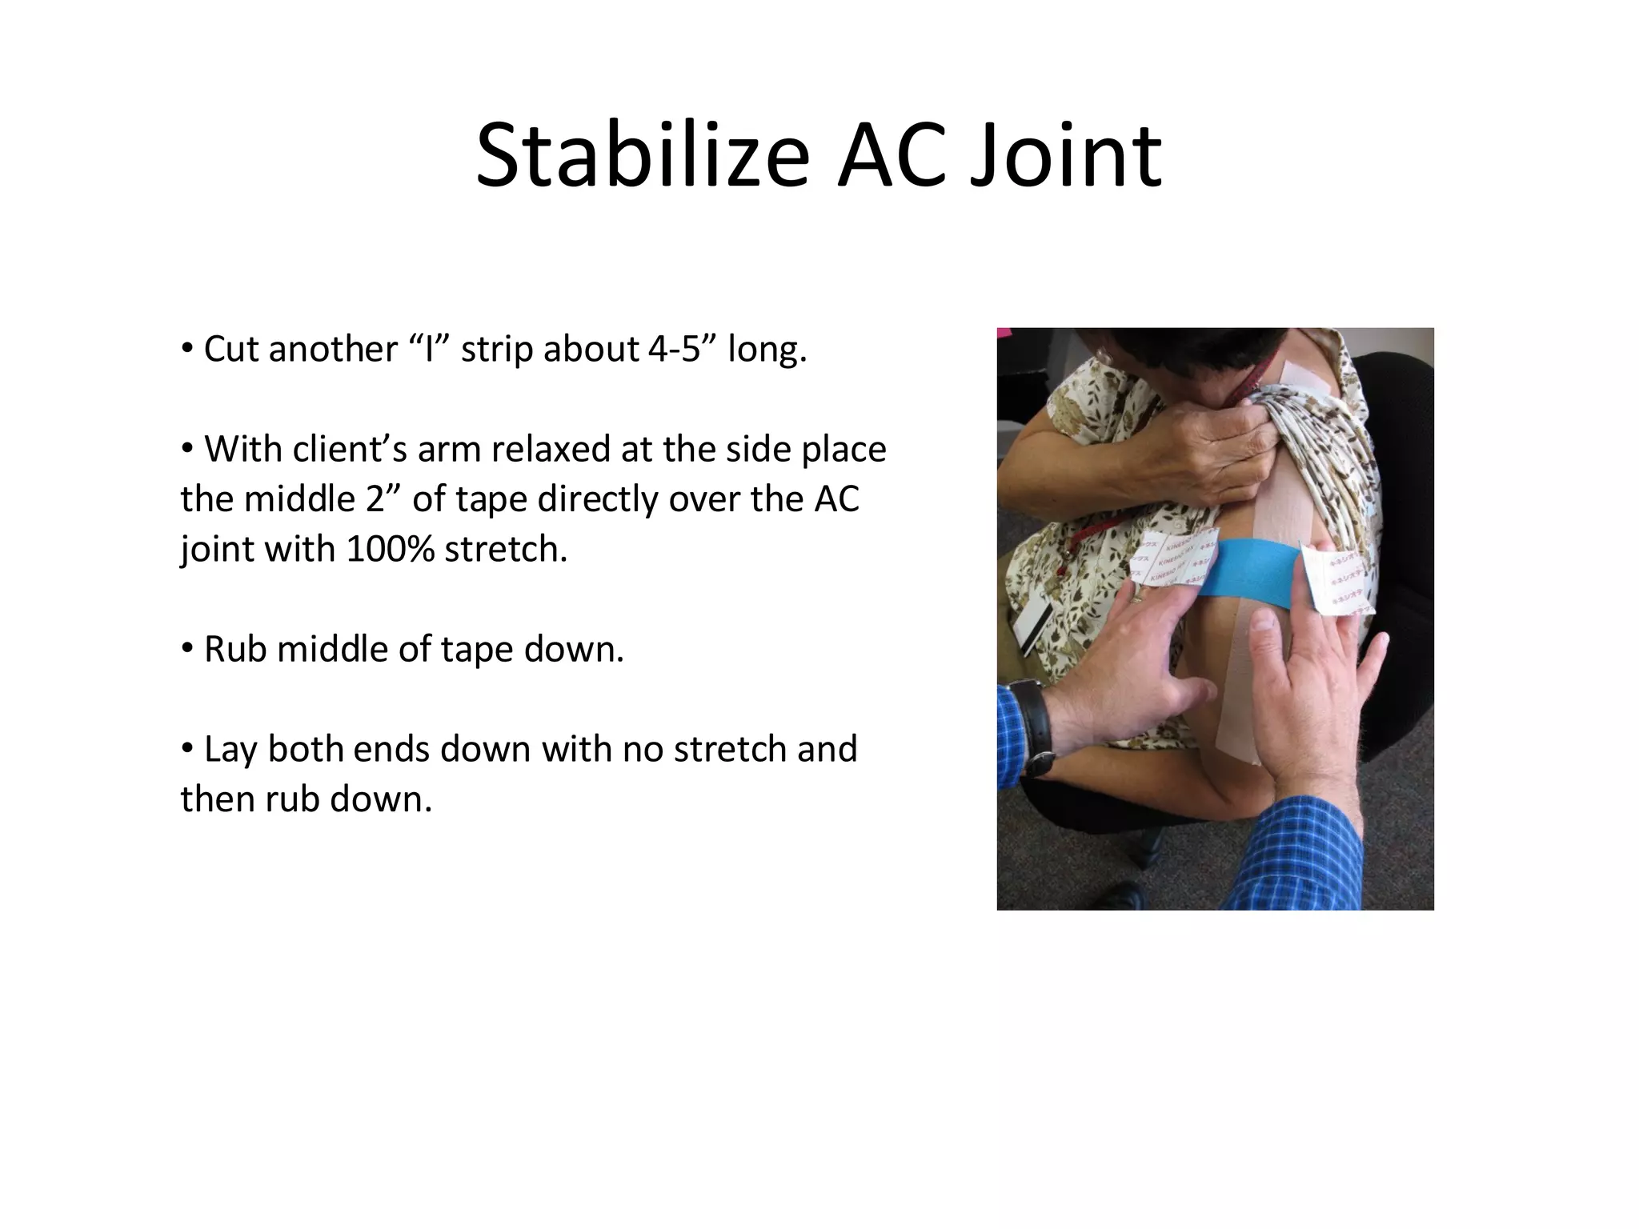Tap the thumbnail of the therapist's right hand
coord(1265,620)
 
